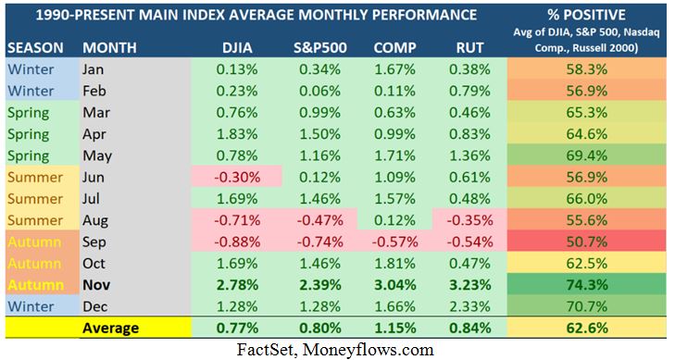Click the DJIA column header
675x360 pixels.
coord(237,46)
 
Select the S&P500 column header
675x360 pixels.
coord(315,46)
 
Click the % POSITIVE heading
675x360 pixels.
coord(588,16)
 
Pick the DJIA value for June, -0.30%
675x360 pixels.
coord(237,177)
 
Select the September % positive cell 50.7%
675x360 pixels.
coord(589,242)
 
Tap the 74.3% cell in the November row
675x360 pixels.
coord(589,285)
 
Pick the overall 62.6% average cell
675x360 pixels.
coord(589,329)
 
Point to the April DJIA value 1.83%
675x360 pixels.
coord(237,133)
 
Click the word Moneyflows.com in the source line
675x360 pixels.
coord(381,349)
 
